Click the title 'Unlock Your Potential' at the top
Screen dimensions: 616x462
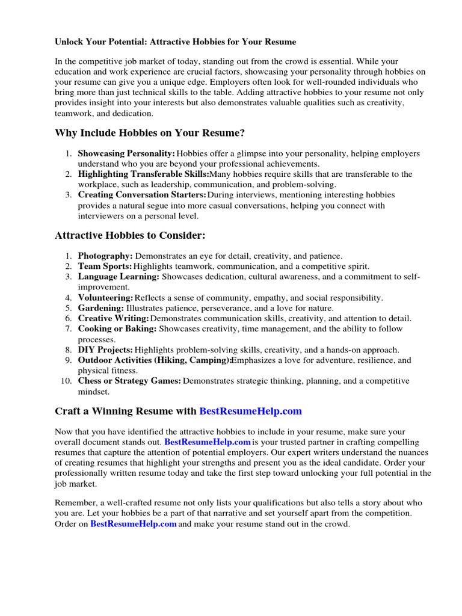175,42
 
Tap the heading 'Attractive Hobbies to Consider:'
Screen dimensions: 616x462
134,235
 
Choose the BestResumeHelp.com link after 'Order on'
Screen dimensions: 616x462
134,524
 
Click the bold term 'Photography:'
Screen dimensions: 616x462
105,256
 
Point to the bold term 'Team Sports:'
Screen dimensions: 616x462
105,266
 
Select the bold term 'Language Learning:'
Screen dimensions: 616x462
119,276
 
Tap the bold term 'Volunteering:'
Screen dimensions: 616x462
106,297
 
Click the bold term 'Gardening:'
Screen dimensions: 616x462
101,308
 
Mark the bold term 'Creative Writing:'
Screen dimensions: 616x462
114,318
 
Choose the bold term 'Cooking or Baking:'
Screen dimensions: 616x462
117,328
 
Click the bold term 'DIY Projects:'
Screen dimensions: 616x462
105,350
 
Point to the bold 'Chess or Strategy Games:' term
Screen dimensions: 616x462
129,381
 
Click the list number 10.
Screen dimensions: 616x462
66,381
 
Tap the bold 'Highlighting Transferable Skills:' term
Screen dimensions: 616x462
143,174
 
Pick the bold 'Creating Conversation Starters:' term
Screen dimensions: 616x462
142,195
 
